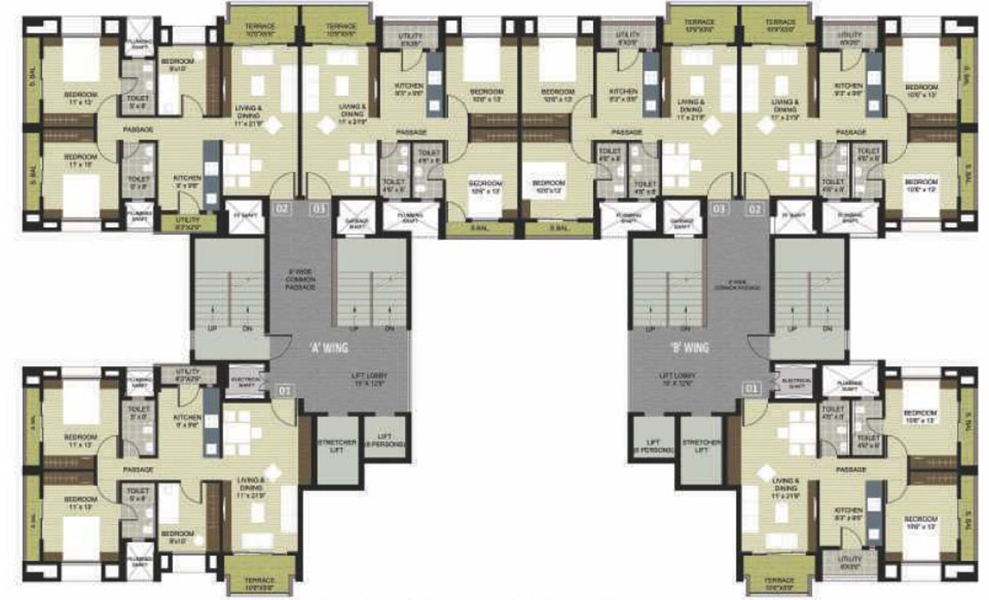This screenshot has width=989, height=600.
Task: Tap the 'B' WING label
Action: (688, 348)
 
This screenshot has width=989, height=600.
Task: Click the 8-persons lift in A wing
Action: (386, 440)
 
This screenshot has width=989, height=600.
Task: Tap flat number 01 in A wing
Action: (285, 388)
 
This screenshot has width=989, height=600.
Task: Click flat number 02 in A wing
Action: (281, 209)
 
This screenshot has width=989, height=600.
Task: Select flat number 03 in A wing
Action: (318, 209)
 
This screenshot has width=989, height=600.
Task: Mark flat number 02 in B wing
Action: (754, 209)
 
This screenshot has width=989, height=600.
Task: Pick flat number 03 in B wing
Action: (717, 209)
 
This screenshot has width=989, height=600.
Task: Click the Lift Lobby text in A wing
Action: (369, 379)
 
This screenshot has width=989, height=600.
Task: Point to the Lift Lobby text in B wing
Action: (675, 379)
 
